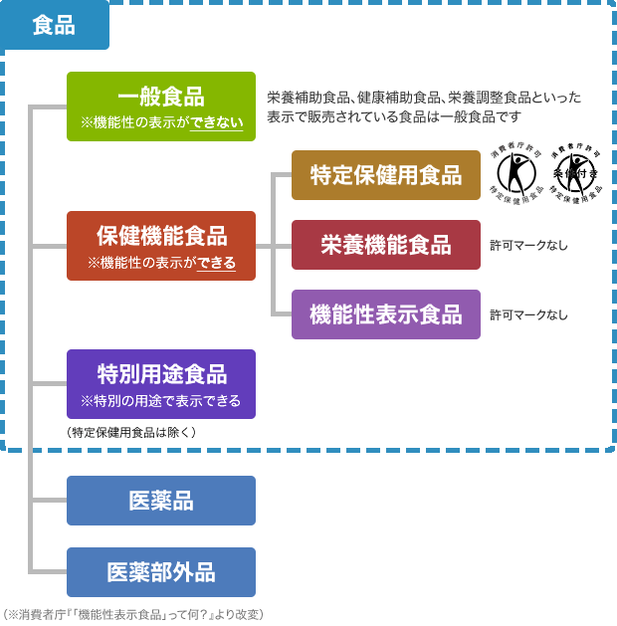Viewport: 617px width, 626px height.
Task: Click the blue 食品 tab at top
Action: pos(54,26)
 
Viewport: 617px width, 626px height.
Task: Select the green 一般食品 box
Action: pos(160,106)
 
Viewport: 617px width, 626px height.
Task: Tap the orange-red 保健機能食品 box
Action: pos(160,246)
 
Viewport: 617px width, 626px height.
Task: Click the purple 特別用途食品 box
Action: pos(160,384)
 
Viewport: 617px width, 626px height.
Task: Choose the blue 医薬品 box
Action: pos(160,501)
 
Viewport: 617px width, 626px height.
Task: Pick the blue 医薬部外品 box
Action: pos(160,572)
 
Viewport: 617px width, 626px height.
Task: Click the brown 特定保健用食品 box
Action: pos(385,175)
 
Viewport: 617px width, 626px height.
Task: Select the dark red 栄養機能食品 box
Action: pos(385,245)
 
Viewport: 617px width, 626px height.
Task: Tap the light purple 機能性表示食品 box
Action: pos(385,314)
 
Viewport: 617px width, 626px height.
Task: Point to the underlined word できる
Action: pos(216,263)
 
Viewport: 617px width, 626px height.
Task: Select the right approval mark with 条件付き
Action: pos(574,173)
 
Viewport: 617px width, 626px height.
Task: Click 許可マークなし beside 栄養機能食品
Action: pos(528,245)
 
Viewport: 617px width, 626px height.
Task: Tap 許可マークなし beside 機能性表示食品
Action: pos(528,314)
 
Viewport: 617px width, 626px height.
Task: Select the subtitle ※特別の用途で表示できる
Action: pos(160,401)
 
